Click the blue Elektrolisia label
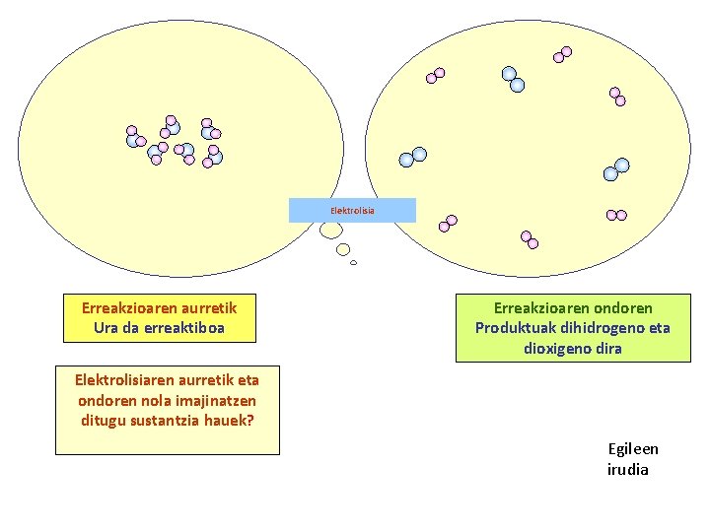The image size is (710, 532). tap(352, 210)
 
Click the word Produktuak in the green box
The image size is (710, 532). tap(512, 328)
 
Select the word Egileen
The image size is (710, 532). tap(633, 449)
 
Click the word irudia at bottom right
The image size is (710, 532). tap(627, 469)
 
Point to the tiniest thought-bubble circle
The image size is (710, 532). tap(353, 263)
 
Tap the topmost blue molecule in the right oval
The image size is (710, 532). tap(513, 79)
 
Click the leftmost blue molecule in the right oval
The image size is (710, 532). tap(412, 157)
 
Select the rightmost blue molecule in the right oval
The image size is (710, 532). tap(615, 169)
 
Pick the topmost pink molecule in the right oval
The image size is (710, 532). tap(563, 53)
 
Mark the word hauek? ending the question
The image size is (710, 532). tap(231, 420)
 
